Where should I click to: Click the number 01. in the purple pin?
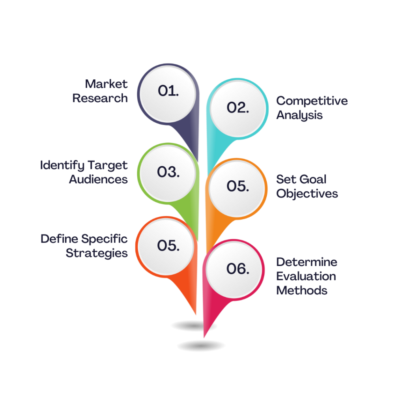tap(168, 91)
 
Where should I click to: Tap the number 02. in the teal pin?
tap(238, 107)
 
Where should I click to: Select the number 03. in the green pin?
tap(168, 172)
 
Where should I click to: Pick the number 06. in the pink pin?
tap(238, 268)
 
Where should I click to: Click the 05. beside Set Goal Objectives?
tap(238, 186)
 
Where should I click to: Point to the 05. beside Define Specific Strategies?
tap(168, 245)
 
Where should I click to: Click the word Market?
tap(106, 84)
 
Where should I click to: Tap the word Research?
tap(100, 98)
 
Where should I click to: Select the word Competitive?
tap(312, 101)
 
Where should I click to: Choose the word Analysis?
tap(299, 115)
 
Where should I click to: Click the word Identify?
tap(62, 165)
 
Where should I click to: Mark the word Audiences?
tap(98, 180)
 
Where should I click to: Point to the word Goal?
tap(313, 180)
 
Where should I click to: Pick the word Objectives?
tap(307, 194)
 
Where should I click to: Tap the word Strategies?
tap(97, 253)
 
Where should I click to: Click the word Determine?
tap(307, 262)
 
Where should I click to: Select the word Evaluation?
tap(306, 276)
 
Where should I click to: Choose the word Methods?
tap(302, 290)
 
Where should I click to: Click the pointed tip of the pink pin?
tap(204, 337)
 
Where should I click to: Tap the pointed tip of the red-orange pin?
tap(196, 314)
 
